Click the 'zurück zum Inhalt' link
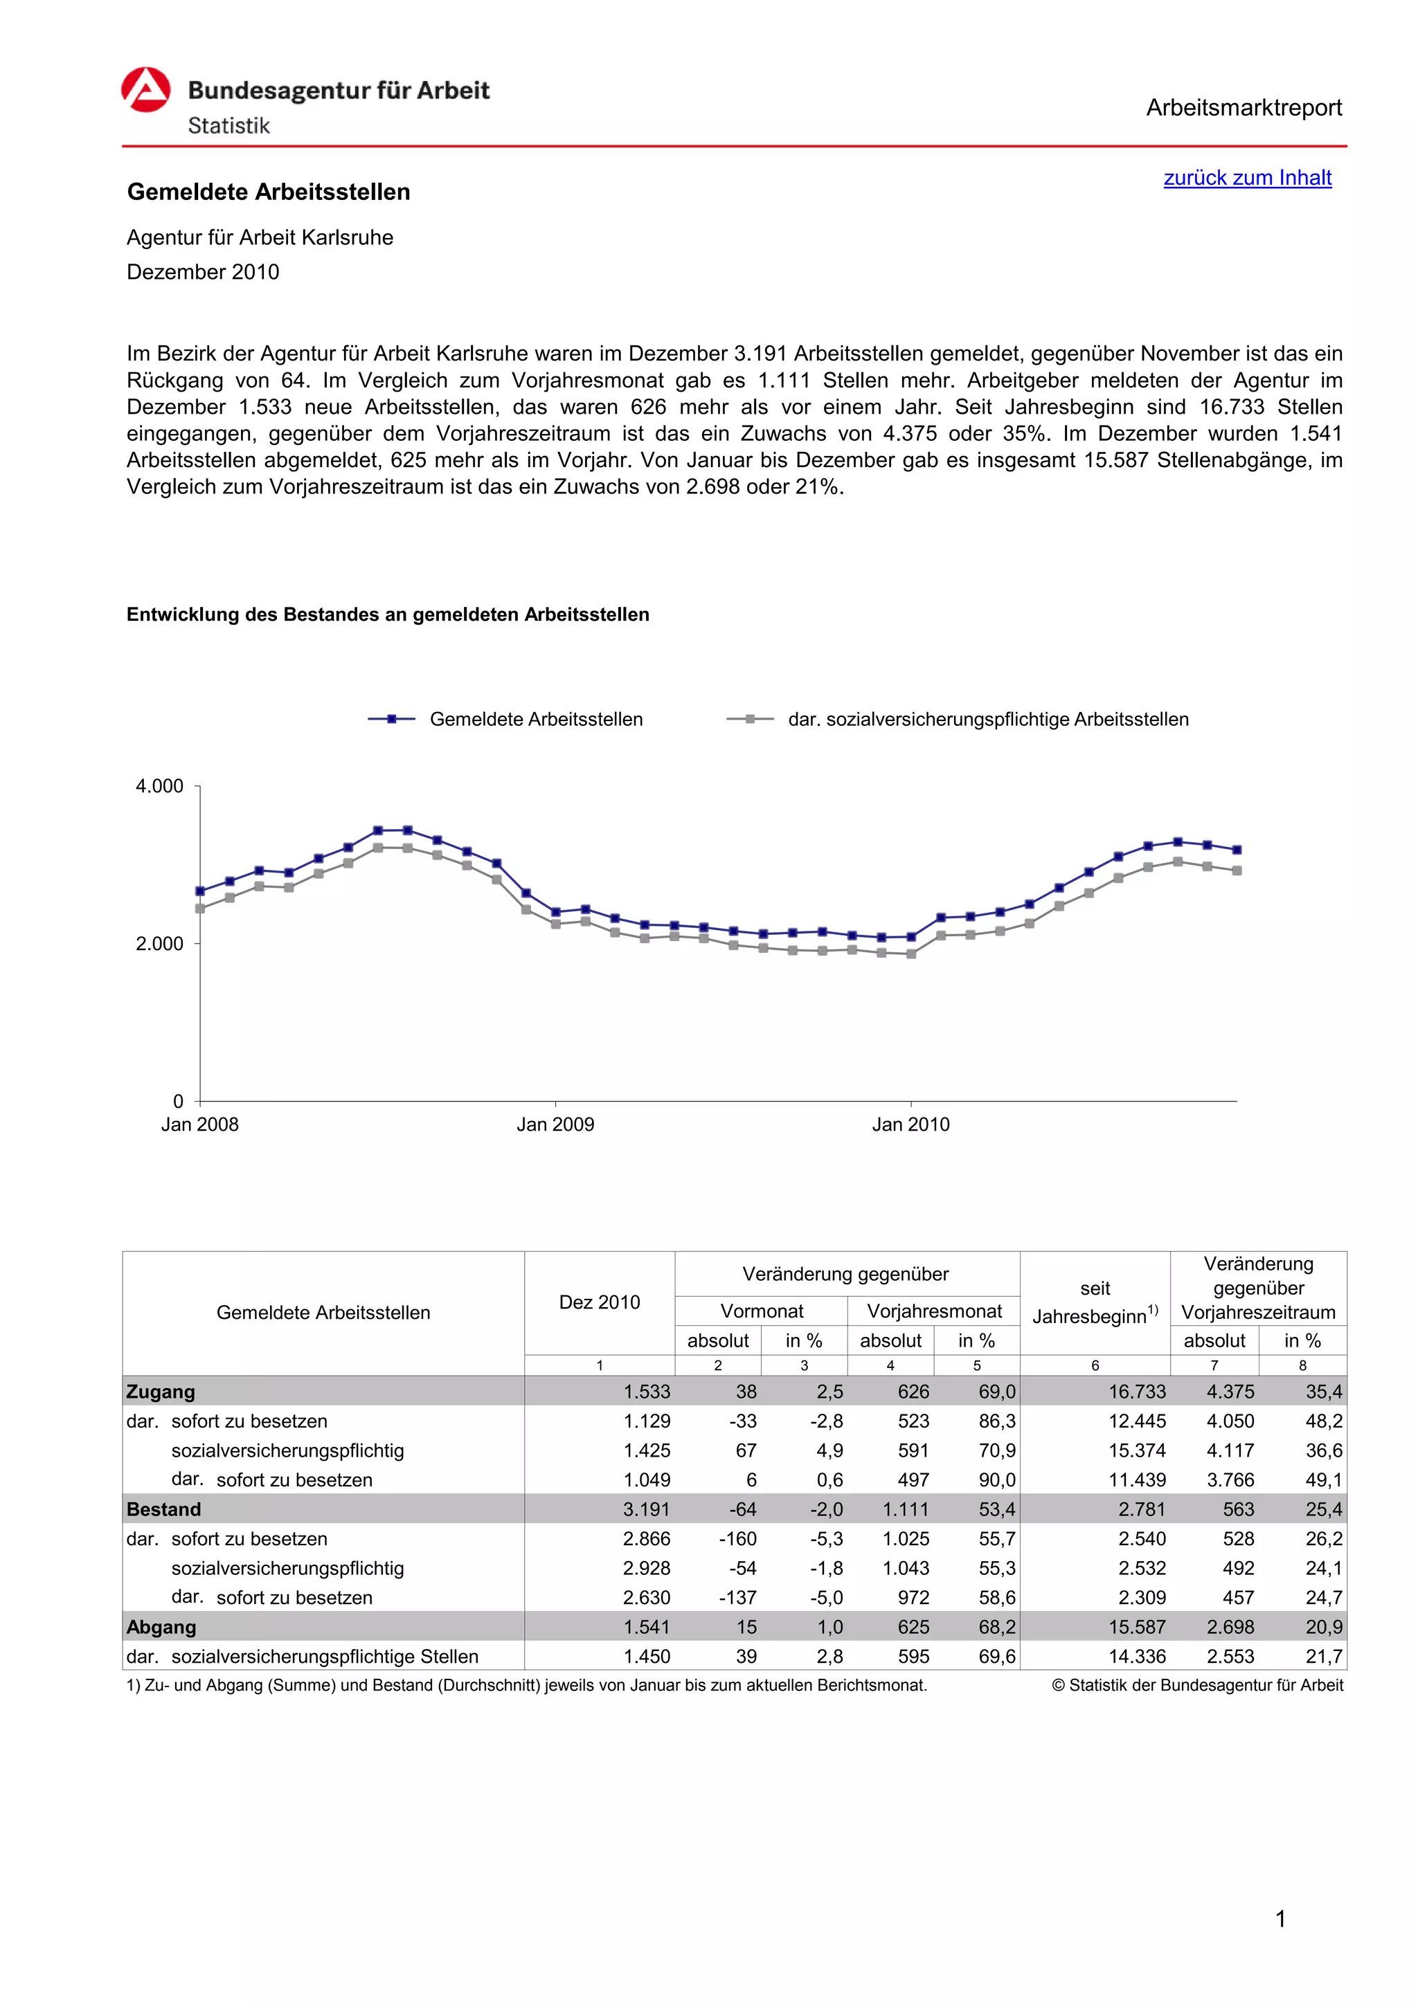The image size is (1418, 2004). tap(1247, 178)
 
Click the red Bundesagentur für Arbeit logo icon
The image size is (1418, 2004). tap(146, 90)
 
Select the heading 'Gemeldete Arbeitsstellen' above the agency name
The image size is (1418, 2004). tap(269, 192)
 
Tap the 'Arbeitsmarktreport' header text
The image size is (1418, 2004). tap(1244, 108)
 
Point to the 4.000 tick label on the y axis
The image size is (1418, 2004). tap(160, 786)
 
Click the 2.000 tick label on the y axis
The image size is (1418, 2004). tap(160, 943)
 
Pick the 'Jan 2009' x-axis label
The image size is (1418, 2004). tap(555, 1124)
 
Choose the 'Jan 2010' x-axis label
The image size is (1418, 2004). tap(910, 1124)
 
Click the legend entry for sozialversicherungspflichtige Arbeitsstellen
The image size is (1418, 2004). tap(987, 719)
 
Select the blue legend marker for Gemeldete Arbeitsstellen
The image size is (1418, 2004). tap(392, 719)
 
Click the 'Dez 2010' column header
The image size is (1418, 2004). tap(599, 1302)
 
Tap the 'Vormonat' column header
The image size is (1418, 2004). tap(762, 1311)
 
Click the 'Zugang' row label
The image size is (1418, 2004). tap(161, 1392)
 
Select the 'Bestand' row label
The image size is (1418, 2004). tap(164, 1509)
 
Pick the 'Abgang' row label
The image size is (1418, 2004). tap(161, 1627)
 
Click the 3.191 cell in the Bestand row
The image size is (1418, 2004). tap(646, 1509)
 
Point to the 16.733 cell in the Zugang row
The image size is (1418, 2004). tap(1137, 1392)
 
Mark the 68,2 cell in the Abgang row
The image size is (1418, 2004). tap(996, 1627)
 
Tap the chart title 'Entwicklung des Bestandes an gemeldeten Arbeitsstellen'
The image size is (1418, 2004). tap(388, 614)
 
